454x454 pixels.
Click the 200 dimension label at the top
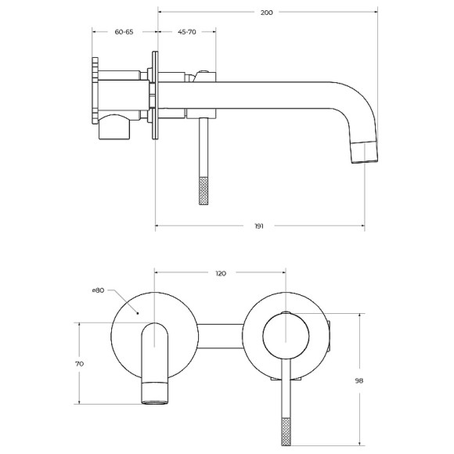click(x=266, y=13)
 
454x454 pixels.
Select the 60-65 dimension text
click(x=124, y=32)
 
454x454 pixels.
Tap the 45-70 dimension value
click(x=187, y=32)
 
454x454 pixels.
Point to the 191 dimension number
click(x=259, y=226)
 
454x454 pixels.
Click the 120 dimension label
click(x=221, y=273)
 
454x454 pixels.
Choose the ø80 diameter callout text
click(x=98, y=290)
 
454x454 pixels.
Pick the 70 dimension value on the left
click(x=79, y=364)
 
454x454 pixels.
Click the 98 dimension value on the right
click(x=359, y=380)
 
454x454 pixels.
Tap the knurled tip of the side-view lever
click(x=204, y=191)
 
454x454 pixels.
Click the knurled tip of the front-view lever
click(x=286, y=432)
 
